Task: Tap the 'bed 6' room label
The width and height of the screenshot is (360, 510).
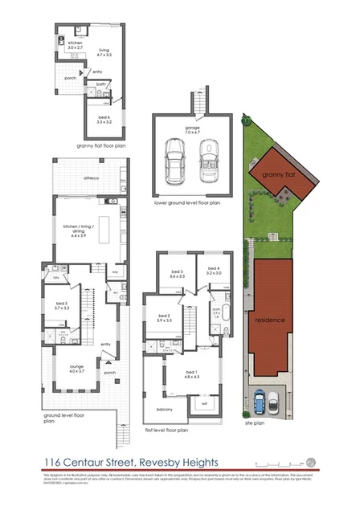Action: [x=104, y=117]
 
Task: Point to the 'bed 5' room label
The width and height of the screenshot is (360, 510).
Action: [x=63, y=304]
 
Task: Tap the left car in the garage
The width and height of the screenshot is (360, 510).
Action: [x=174, y=159]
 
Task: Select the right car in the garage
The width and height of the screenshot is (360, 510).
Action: [x=208, y=159]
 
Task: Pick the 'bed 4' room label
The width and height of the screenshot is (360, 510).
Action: [x=213, y=270]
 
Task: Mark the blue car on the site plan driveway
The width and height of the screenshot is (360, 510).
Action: [x=260, y=400]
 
